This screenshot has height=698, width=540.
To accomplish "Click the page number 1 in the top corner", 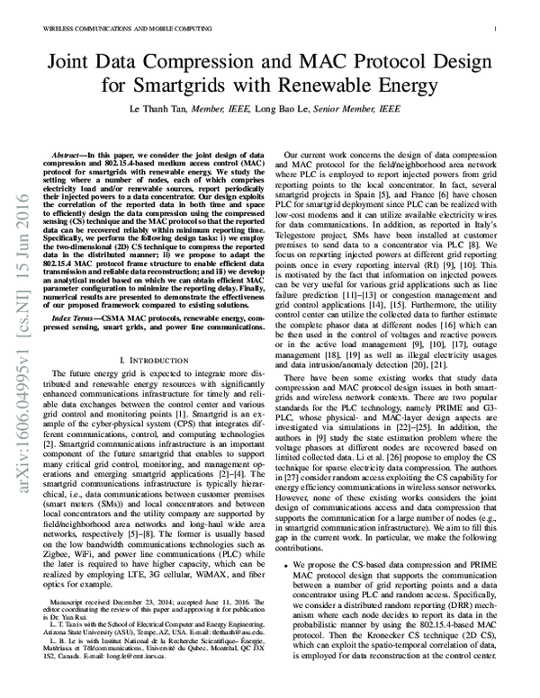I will pyautogui.click(x=497, y=29).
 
